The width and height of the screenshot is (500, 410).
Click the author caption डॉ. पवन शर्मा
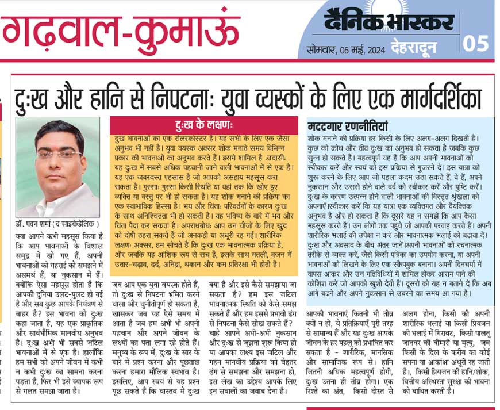34,223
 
